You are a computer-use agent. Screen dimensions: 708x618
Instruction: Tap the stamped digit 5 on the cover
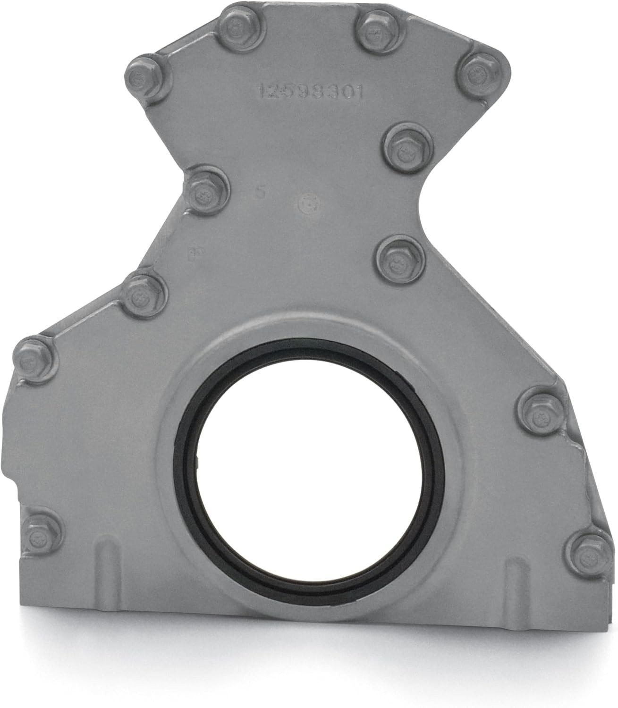258,192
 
